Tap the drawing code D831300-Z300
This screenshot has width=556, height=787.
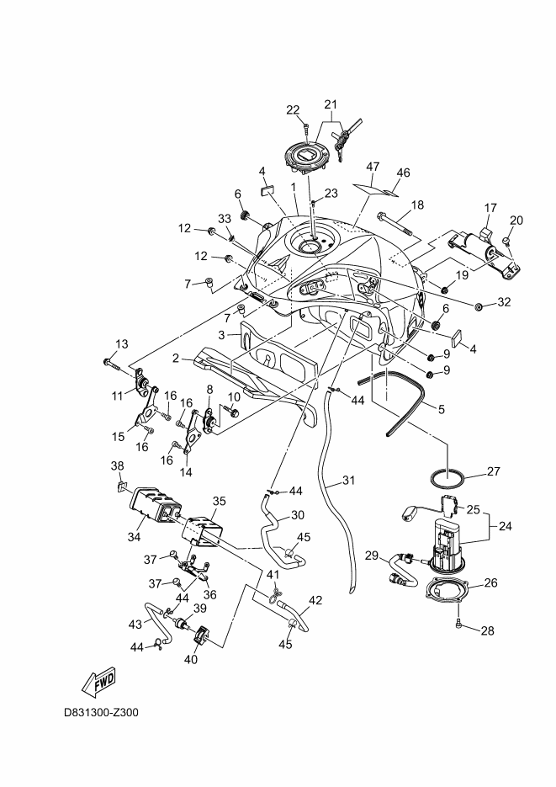[101, 712]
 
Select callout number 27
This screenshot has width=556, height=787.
[494, 471]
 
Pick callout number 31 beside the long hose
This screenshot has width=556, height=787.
[347, 482]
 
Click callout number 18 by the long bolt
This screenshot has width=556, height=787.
[417, 205]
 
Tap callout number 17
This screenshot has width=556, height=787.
[492, 206]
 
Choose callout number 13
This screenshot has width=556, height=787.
[122, 343]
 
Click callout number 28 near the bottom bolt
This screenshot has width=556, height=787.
[486, 630]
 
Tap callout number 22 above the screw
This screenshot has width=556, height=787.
[293, 110]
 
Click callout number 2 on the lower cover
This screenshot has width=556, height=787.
[177, 357]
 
